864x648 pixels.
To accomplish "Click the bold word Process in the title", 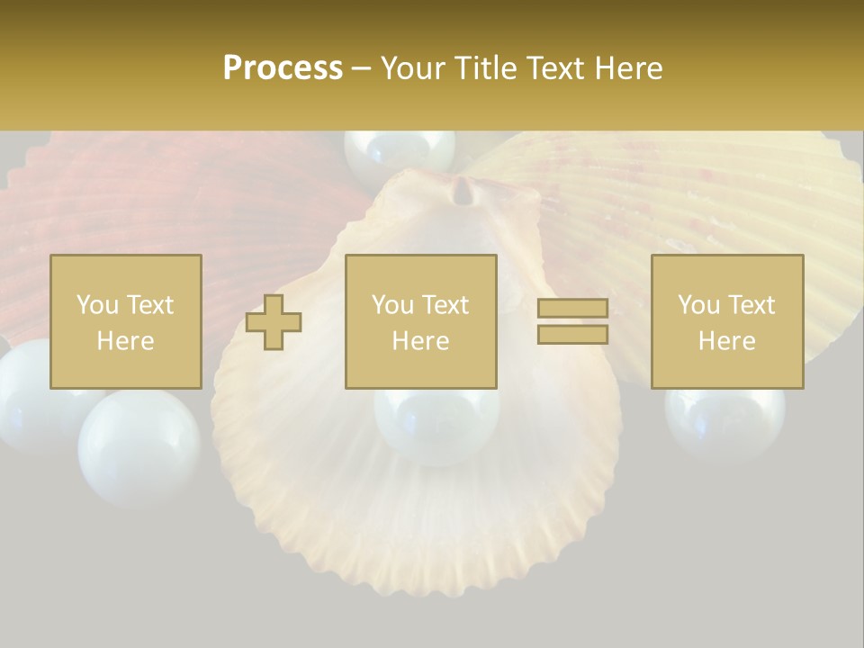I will click(283, 68).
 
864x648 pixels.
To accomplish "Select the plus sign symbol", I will click(274, 322).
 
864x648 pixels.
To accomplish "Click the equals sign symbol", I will click(572, 321).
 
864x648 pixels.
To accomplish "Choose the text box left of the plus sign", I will click(125, 321).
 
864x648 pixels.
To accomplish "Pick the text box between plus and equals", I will click(420, 321).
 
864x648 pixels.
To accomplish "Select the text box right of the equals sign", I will click(726, 321).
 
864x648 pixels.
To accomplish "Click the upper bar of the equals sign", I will click(572, 309).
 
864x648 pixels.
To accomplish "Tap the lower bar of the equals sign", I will click(572, 334).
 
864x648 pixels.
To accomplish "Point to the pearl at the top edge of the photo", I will click(400, 151).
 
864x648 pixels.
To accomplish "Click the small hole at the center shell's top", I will click(463, 191).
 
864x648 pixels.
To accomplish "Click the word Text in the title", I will click(553, 68).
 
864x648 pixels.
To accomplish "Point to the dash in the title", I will click(361, 68).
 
